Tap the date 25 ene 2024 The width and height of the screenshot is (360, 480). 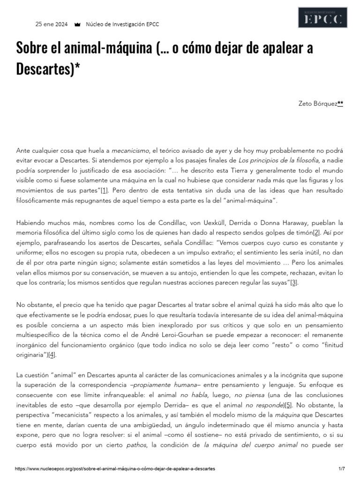(x=52, y=24)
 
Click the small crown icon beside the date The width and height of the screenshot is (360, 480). (x=77, y=24)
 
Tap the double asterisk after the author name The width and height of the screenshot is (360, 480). (x=340, y=104)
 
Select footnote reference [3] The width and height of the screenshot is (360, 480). (x=294, y=283)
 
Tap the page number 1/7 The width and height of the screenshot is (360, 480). (x=341, y=469)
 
